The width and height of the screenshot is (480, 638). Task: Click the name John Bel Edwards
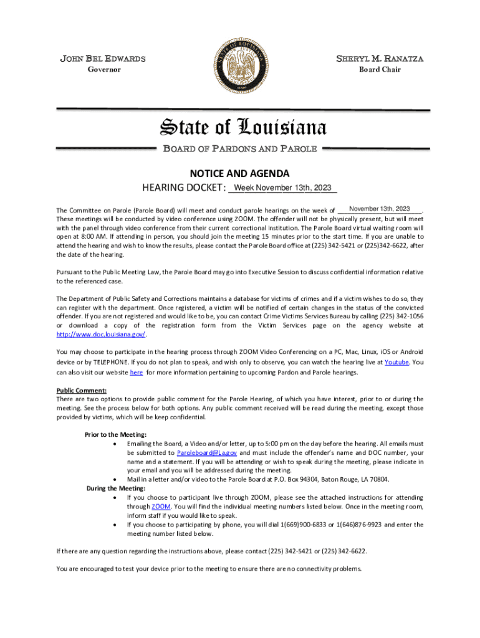pyautogui.click(x=103, y=59)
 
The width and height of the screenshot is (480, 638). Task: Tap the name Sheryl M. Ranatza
pyautogui.click(x=380, y=59)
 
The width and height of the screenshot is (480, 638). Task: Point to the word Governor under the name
pyautogui.click(x=103, y=70)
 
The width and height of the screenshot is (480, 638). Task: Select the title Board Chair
pyautogui.click(x=380, y=70)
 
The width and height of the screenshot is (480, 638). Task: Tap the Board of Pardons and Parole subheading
pyautogui.click(x=240, y=149)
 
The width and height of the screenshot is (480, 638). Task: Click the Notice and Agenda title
pyautogui.click(x=240, y=174)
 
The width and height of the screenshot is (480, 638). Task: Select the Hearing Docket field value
pyautogui.click(x=283, y=188)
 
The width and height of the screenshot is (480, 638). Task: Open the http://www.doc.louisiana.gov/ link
pyautogui.click(x=100, y=334)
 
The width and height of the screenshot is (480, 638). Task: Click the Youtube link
pyautogui.click(x=396, y=362)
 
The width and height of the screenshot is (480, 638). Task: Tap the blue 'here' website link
pyautogui.click(x=136, y=373)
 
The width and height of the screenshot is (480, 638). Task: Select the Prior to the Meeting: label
pyautogui.click(x=107, y=434)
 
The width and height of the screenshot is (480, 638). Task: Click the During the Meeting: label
pyautogui.click(x=112, y=488)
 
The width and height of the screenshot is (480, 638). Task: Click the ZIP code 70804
pyautogui.click(x=378, y=480)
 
